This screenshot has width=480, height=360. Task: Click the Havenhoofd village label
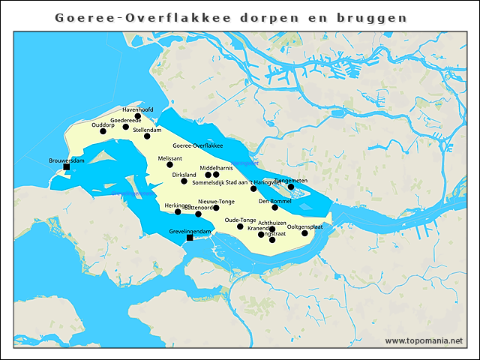(137, 109)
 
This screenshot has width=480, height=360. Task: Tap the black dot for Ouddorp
(103, 131)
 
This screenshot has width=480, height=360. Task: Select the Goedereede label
(125, 120)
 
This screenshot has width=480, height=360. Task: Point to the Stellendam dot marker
(147, 136)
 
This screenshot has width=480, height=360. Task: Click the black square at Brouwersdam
(67, 167)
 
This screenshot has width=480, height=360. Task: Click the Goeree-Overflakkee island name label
(198, 145)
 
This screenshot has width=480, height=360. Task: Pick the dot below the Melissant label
(169, 165)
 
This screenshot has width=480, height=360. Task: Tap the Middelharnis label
(215, 168)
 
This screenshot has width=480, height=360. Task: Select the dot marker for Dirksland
(184, 181)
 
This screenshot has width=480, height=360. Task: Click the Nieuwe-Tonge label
(217, 202)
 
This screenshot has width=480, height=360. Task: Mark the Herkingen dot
(178, 212)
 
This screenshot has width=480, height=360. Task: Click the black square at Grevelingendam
(190, 238)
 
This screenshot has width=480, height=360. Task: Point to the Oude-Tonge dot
(240, 226)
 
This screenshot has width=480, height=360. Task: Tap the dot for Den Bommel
(275, 207)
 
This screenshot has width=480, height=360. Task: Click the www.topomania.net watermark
(424, 341)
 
